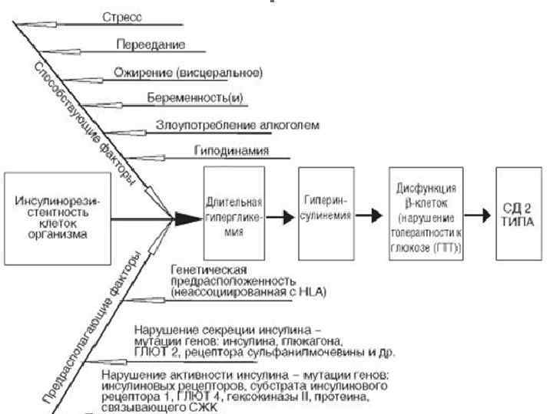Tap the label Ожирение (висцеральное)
(x=188, y=73)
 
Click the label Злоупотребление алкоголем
(x=239, y=124)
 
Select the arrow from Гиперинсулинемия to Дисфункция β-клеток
(x=374, y=216)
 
